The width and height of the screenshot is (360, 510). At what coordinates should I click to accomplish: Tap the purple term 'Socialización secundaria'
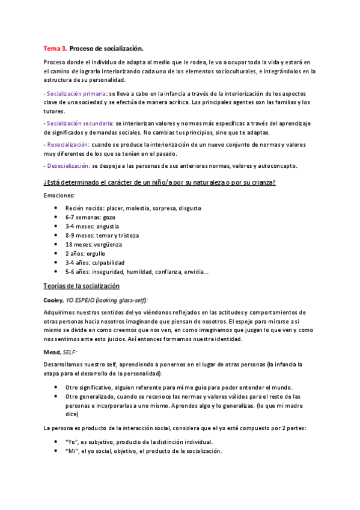coord(79,123)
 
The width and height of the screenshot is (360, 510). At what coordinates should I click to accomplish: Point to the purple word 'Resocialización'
coord(68,144)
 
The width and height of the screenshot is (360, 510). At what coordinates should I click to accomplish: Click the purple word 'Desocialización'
coord(68,165)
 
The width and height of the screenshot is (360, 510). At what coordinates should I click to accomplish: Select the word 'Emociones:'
coord(59,195)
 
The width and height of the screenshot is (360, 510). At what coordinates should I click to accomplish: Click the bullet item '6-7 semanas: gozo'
coord(90,217)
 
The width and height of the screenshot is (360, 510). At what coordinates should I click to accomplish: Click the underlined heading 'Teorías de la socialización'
coord(82,286)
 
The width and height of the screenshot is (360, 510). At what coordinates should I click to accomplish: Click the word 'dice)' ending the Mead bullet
coord(72,414)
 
